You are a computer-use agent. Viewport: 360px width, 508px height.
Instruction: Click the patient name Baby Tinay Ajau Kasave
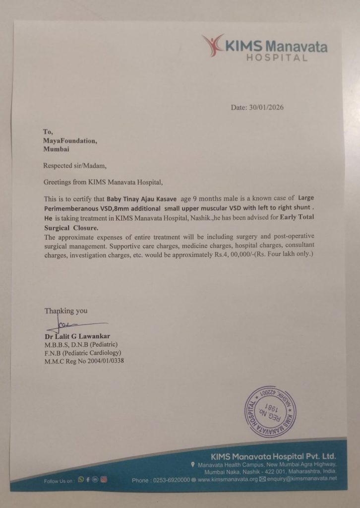point(141,198)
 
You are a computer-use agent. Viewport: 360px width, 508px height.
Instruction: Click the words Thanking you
point(66,311)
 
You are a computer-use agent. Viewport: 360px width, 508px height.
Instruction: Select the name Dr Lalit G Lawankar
point(77,336)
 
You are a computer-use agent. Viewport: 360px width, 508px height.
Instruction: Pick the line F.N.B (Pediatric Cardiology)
point(83,353)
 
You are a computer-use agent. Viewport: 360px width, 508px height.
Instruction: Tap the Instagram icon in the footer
point(104,480)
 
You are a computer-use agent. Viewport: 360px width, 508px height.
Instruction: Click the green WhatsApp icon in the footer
point(81,480)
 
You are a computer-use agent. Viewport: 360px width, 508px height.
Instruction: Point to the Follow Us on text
point(59,481)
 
